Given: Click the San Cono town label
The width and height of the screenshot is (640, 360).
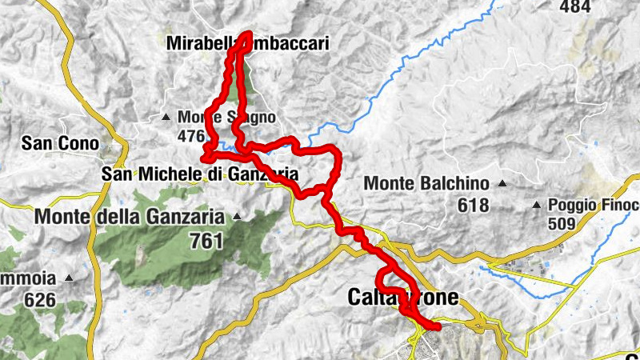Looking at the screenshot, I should (60, 144).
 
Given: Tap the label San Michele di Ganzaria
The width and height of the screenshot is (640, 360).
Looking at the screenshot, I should (200, 174).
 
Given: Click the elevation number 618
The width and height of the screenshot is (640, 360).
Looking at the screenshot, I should (473, 206).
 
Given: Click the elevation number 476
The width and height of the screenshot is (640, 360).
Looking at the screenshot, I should (191, 137).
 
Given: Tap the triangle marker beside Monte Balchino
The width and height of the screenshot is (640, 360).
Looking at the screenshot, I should (502, 183).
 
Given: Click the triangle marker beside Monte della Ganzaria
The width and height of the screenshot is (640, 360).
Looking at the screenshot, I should (237, 216).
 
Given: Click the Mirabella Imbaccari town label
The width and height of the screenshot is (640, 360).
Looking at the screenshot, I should (248, 44).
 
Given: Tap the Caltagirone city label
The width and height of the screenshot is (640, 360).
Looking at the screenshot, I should (403, 298).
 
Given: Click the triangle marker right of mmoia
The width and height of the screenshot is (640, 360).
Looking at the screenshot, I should (70, 278).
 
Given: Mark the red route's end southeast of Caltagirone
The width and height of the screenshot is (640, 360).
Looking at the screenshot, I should (438, 325).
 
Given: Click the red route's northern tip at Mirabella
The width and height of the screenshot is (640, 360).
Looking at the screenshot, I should (247, 35).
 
